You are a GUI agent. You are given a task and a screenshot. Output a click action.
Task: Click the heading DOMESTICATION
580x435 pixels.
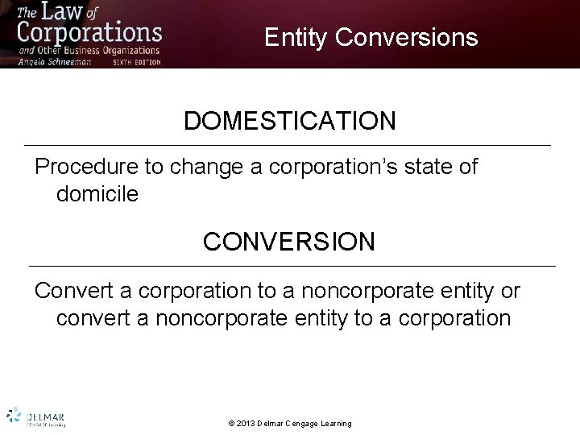pyautogui.click(x=289, y=121)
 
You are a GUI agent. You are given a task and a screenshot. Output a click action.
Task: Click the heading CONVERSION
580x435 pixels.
pyautogui.click(x=289, y=242)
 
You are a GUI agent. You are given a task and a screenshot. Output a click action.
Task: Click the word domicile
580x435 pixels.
pyautogui.click(x=97, y=194)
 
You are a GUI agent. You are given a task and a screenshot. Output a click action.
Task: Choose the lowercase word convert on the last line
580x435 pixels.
pyautogui.click(x=96, y=317)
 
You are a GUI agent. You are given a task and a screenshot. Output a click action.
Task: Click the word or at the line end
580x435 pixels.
pyautogui.click(x=510, y=290)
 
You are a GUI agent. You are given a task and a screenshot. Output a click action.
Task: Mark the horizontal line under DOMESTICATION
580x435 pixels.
pyautogui.click(x=289, y=145)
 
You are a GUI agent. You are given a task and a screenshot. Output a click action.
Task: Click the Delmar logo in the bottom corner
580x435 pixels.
pyautogui.click(x=36, y=416)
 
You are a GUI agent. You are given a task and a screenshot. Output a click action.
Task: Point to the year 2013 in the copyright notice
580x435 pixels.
pyautogui.click(x=248, y=424)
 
